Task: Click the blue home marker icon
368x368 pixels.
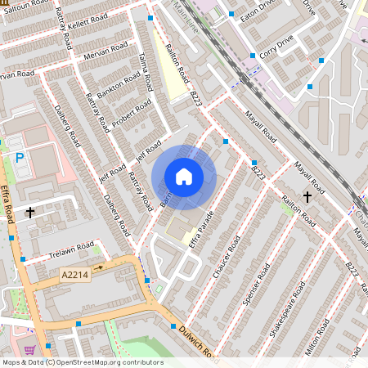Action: [x=184, y=177]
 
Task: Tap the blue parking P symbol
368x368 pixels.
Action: [x=20, y=156]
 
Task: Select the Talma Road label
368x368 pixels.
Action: [x=146, y=70]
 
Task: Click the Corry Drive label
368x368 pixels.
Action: [x=278, y=49]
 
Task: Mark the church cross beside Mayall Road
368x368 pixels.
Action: [x=307, y=196]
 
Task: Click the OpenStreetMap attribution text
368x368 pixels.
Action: [x=82, y=361]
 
